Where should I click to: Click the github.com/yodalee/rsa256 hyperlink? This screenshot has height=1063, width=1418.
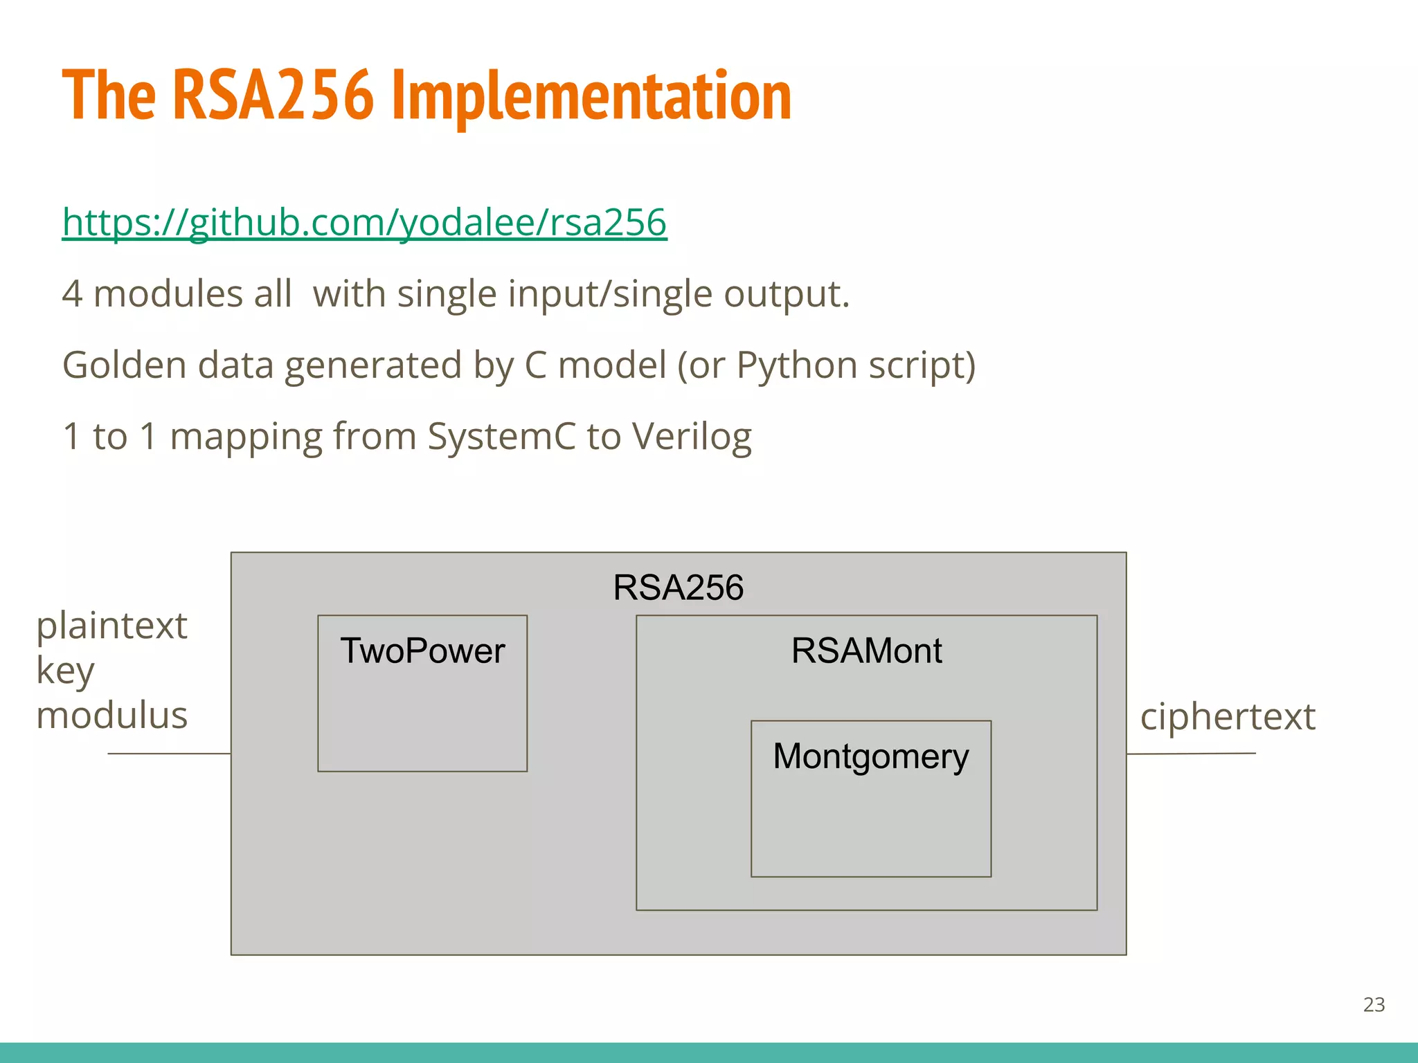coord(364,222)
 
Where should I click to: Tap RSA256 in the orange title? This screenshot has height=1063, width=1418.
coord(273,97)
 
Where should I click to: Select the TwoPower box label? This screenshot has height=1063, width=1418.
coord(422,651)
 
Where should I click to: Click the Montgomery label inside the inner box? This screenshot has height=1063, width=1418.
coord(870,756)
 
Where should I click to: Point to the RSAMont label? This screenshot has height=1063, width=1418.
coord(866,651)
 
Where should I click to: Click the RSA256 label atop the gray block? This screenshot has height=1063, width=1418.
coord(678,588)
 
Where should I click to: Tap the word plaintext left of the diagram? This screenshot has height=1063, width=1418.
coord(111,626)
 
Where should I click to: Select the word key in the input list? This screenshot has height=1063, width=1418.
coord(65,671)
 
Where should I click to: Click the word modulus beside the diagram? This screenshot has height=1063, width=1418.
coord(111,715)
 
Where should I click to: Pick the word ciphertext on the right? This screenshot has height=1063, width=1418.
coord(1227,716)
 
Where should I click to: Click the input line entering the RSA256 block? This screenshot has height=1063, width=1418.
coord(169,754)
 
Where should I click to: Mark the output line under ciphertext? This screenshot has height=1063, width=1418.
coord(1191,754)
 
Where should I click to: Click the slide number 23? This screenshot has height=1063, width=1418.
coord(1374,1004)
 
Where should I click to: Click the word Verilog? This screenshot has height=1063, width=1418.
coord(692,437)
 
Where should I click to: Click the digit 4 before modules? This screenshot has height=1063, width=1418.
coord(72,294)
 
